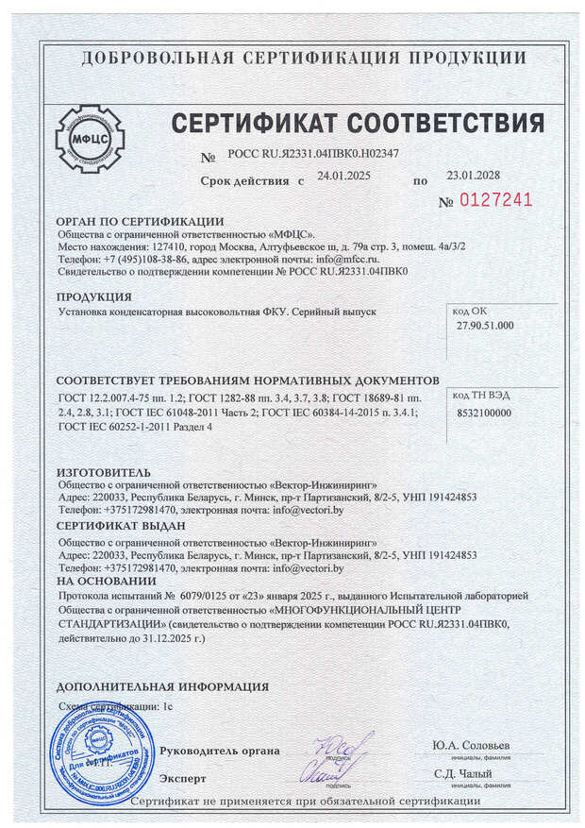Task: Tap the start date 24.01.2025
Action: click(344, 177)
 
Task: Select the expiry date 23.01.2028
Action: click(472, 177)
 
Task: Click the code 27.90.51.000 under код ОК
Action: click(485, 326)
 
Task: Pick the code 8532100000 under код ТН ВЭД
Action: click(483, 413)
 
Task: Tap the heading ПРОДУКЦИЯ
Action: click(94, 296)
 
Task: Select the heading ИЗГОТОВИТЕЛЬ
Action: click(104, 469)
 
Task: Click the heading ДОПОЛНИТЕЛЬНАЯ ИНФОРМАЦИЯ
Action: click(162, 686)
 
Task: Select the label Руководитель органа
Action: click(219, 751)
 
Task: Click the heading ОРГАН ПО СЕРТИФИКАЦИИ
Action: click(140, 221)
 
